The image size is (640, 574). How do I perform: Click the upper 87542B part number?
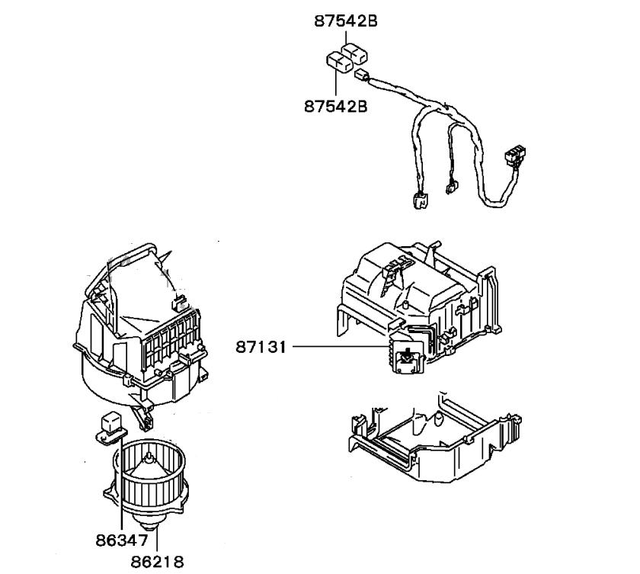[346, 21]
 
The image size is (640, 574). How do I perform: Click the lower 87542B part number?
[335, 107]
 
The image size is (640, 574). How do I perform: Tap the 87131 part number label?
[261, 347]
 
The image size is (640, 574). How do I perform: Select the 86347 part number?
[122, 540]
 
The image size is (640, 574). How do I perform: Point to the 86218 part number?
[157, 562]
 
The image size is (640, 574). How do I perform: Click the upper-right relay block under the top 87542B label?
[354, 53]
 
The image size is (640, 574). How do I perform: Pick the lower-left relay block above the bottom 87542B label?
[339, 63]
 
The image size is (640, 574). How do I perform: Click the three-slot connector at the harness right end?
[515, 156]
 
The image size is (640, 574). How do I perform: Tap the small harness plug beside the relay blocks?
[362, 75]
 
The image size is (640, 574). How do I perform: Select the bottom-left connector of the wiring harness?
[420, 200]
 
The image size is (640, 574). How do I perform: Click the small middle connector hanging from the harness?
[451, 188]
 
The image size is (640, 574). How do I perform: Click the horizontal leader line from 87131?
[340, 347]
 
